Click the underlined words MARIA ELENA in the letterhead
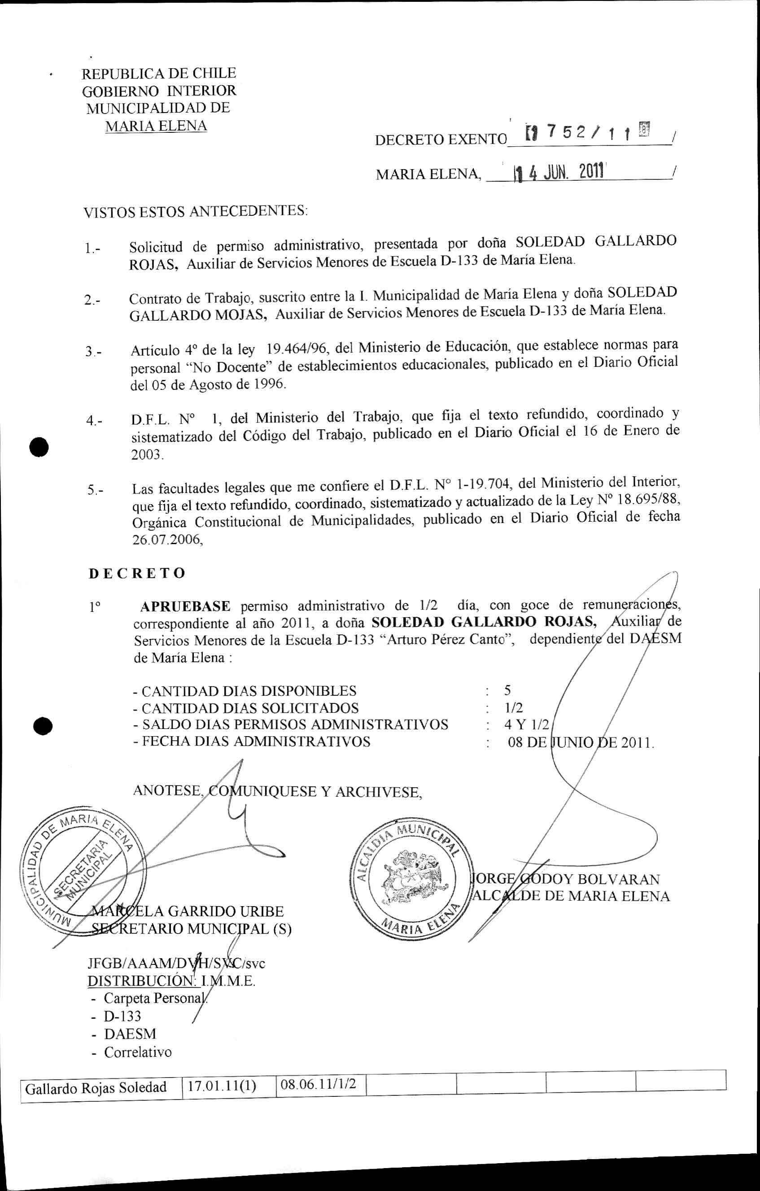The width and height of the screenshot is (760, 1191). click(156, 126)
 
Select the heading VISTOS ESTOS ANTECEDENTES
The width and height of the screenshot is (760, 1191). click(195, 212)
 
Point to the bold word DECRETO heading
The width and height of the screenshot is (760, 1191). click(137, 573)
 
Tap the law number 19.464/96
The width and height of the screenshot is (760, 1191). click(297, 350)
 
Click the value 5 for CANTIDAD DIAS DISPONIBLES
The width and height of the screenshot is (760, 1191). click(507, 690)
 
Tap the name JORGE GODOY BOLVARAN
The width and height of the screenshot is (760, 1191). click(566, 879)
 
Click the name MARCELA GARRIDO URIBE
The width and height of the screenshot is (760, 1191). click(188, 911)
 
